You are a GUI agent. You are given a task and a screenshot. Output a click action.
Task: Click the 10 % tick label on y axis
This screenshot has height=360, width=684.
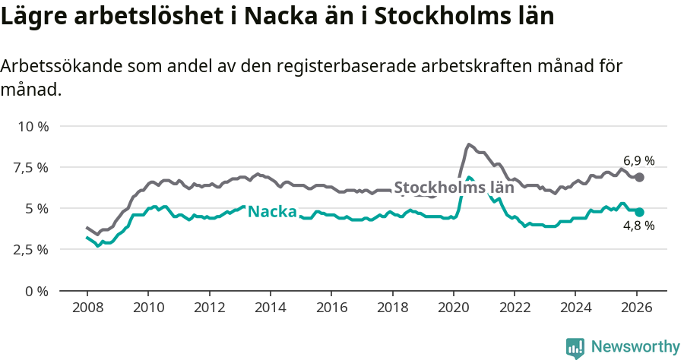tap(33, 126)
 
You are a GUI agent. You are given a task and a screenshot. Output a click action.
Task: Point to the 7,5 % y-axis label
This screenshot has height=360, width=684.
tap(31, 167)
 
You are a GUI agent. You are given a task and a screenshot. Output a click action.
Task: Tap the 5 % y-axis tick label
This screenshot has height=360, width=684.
tap(37, 208)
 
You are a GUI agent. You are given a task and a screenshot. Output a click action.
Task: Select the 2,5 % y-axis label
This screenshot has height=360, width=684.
tap(31, 249)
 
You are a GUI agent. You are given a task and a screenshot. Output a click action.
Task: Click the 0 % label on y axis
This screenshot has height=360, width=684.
tap(37, 290)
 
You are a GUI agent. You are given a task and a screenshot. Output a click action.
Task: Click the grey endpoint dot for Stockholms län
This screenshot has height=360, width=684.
tap(639, 177)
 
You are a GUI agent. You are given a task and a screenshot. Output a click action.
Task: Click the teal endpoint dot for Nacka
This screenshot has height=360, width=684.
tap(639, 212)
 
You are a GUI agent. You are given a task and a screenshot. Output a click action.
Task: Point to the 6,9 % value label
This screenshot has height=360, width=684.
tap(638, 160)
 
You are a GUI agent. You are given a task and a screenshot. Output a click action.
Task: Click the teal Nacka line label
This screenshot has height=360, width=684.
tap(271, 211)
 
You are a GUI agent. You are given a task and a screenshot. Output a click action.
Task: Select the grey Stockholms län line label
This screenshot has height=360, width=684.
tap(454, 188)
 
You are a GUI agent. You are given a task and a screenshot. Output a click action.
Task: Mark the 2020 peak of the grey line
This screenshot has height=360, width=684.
tap(469, 144)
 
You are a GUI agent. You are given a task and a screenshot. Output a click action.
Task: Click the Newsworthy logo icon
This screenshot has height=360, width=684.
tap(575, 347)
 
